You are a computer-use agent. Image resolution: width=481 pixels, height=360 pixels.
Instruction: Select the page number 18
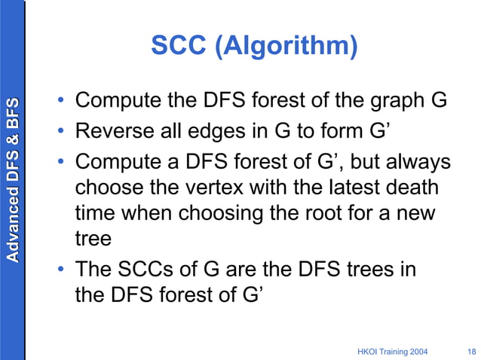[472, 351]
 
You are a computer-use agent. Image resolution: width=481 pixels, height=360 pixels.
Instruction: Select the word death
[418, 188]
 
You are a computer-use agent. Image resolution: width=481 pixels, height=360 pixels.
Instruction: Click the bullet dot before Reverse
[63, 132]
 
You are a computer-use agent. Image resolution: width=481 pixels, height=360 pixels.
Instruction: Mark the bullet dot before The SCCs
[63, 270]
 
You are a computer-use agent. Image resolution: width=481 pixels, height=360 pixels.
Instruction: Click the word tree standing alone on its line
[93, 239]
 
